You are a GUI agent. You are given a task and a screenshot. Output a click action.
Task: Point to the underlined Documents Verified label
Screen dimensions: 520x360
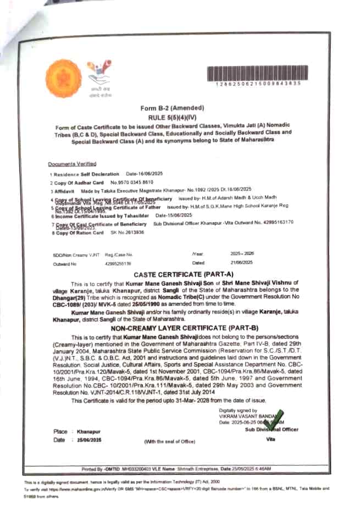coord(72,164)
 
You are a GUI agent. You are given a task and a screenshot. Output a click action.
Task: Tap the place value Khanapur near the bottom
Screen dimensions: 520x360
coord(85,432)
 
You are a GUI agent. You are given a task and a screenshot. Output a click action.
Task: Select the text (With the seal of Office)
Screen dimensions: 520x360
coord(170,441)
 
